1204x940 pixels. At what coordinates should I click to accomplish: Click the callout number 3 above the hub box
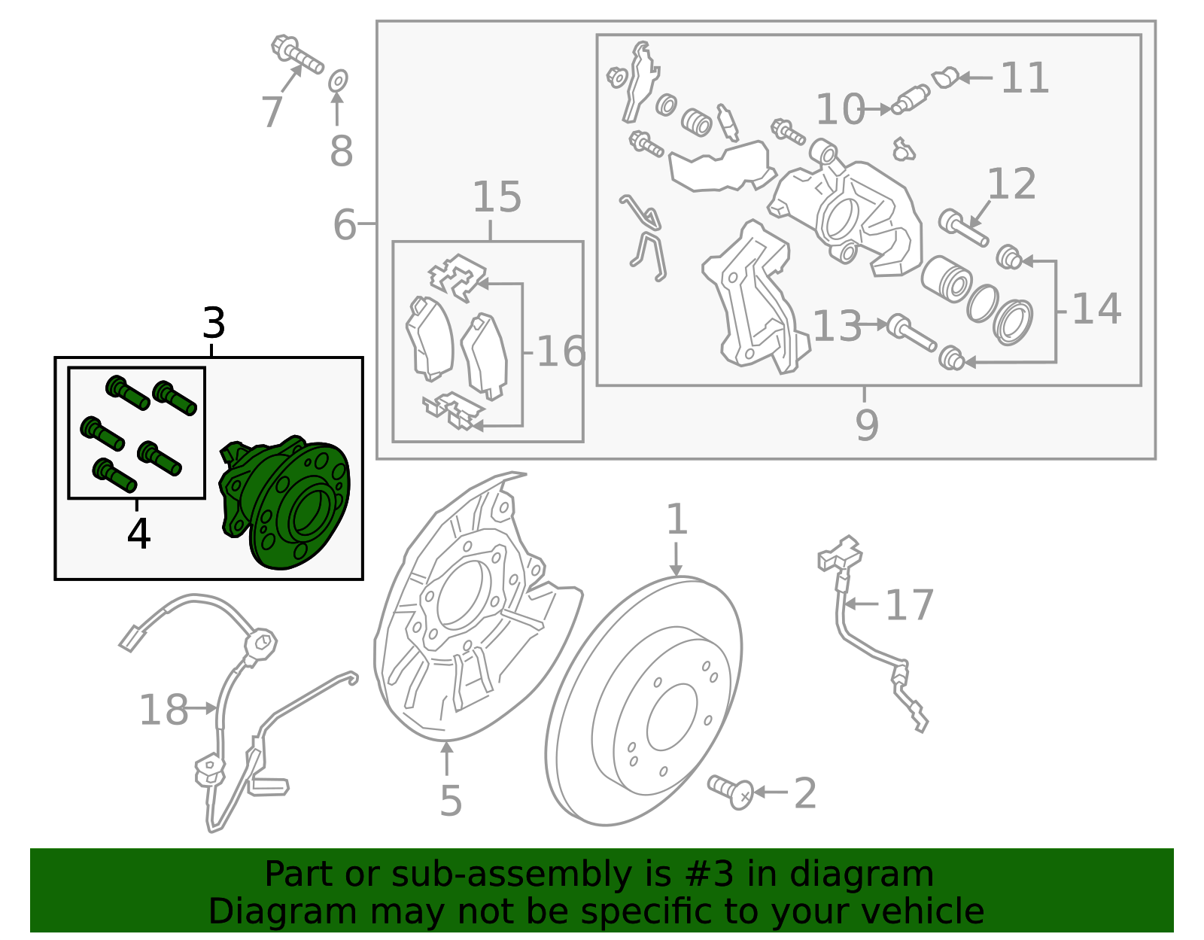pos(214,324)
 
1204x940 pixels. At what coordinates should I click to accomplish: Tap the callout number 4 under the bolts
pos(138,534)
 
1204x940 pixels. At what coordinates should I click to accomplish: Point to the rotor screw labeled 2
pos(731,791)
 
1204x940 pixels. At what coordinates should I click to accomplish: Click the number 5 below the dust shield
pos(450,801)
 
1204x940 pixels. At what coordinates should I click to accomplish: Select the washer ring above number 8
pos(339,79)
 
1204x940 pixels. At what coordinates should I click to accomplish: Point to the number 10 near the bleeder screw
pos(840,110)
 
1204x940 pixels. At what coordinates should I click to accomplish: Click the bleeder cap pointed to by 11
pos(944,78)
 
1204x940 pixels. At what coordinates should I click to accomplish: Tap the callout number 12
pos(1011,185)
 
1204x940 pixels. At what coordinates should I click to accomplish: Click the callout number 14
pos(1096,309)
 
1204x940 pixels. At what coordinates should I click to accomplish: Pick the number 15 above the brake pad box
pos(497,198)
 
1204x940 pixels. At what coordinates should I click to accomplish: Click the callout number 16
pos(561,352)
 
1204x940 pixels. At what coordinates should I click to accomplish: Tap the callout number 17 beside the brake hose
pos(909,606)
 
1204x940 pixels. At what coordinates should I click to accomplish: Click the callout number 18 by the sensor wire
pos(164,710)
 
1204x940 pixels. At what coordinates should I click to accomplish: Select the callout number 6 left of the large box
pos(345,225)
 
